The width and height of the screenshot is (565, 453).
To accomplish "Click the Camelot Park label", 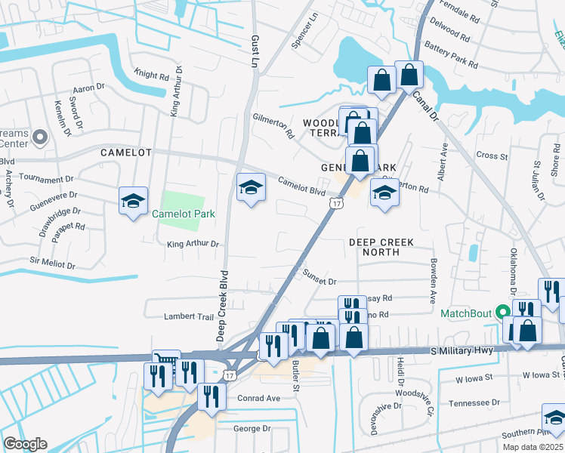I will point(184,214).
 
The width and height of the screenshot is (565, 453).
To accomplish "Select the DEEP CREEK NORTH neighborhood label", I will point(381,248).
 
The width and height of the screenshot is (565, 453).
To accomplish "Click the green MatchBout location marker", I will point(502,312).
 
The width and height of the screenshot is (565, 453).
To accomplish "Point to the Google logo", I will point(25,444).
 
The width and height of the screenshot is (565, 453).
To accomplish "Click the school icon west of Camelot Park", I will point(133,201).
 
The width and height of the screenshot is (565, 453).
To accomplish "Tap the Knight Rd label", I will point(152,75).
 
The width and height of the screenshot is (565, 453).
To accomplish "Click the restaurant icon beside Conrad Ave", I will point(211,395).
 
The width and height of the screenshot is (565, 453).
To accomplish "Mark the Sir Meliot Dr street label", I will point(52,264).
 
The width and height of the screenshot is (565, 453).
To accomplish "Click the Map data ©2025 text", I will point(533,447).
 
